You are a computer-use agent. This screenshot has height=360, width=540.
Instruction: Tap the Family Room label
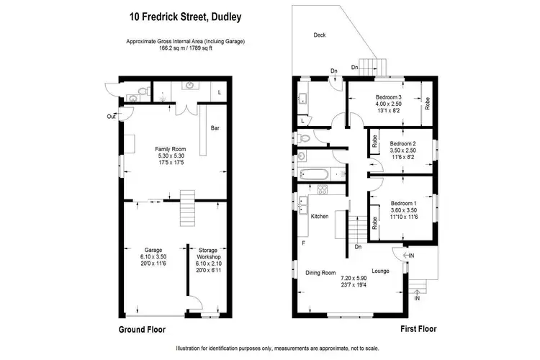point(171,149)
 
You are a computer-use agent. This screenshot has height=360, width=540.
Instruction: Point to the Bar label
point(215,128)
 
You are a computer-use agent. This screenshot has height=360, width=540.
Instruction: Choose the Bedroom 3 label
point(387,97)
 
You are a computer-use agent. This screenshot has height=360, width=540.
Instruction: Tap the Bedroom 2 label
point(403,143)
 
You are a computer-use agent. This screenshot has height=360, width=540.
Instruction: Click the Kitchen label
point(320,217)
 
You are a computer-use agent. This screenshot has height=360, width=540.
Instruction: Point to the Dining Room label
point(320,273)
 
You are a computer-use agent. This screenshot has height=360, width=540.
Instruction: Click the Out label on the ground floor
point(111,116)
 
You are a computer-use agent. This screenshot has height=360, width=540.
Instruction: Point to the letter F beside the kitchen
point(304,243)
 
